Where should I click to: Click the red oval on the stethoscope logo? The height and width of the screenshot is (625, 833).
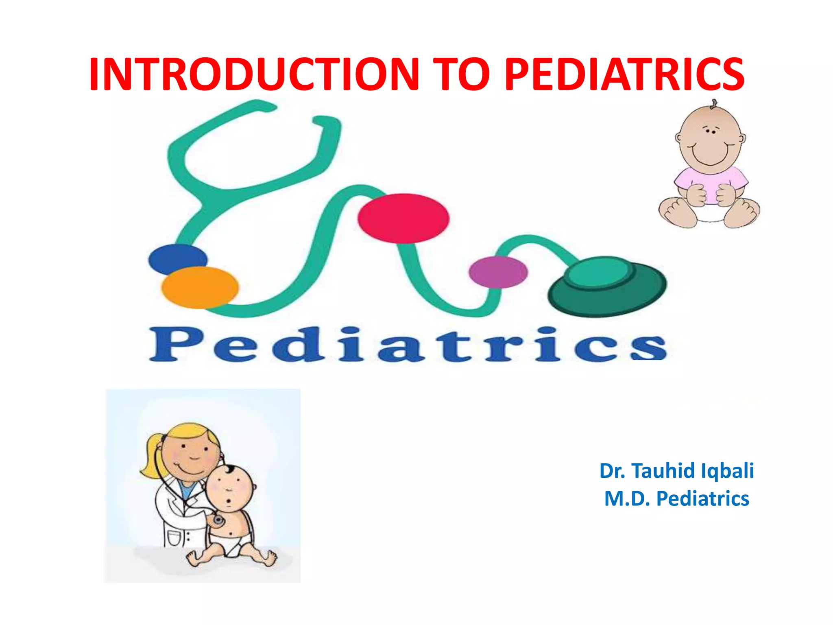pyautogui.click(x=403, y=219)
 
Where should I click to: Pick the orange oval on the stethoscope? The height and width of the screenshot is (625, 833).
pyautogui.click(x=200, y=287)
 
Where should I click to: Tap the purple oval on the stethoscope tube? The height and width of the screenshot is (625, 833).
pyautogui.click(x=498, y=272)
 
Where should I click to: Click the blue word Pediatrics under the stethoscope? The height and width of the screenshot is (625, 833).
pyautogui.click(x=407, y=345)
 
